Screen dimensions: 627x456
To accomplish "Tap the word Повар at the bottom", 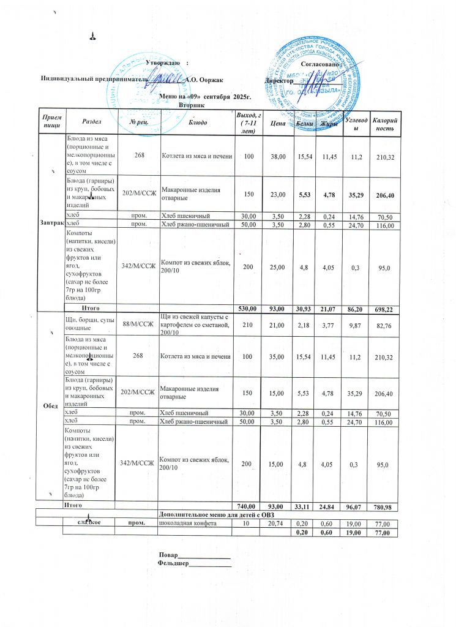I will (x=169, y=557).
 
